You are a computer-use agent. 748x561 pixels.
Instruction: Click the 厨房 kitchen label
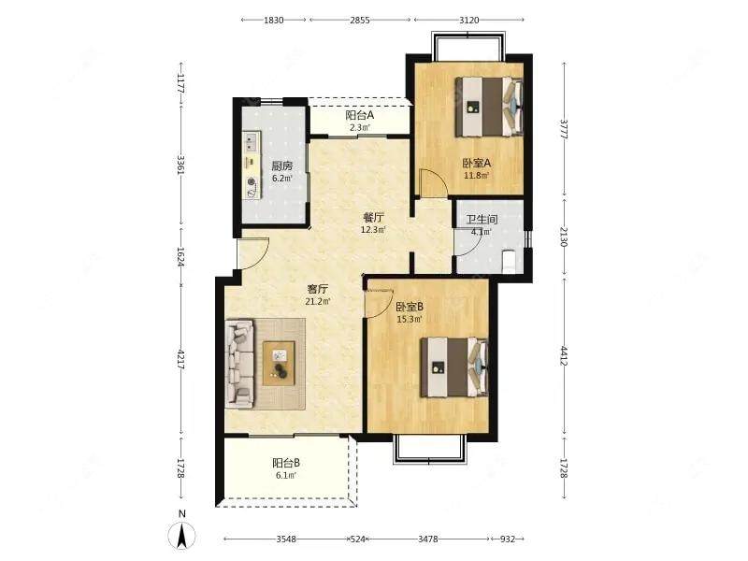point(282,166)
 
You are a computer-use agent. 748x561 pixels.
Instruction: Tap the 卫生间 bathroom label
point(482,220)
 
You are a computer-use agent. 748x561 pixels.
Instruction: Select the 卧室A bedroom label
point(476,163)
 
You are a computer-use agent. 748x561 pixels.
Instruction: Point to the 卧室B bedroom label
point(410,307)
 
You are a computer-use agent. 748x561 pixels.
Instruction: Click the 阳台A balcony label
point(360,115)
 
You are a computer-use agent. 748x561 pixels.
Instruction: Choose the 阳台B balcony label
point(286,463)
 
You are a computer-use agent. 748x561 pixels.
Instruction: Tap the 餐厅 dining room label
point(373,218)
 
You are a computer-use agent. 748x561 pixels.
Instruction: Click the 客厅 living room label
point(318,289)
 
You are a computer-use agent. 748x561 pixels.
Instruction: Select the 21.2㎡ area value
point(318,301)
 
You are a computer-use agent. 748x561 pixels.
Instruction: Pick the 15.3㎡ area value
point(410,319)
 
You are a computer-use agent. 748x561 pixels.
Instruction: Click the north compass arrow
point(181,535)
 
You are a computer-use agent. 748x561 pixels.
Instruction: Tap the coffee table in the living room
point(279,363)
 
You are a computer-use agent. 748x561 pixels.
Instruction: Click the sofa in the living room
point(239,364)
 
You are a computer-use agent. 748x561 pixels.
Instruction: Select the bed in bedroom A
point(488,107)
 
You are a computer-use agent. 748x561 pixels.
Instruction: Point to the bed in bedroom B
point(453,367)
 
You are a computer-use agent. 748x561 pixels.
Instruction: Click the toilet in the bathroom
point(510,261)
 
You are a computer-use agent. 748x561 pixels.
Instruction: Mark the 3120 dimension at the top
point(469,20)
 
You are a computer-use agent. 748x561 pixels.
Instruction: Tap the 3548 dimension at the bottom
point(286,539)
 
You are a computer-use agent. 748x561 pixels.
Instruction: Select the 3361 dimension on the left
point(180,165)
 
